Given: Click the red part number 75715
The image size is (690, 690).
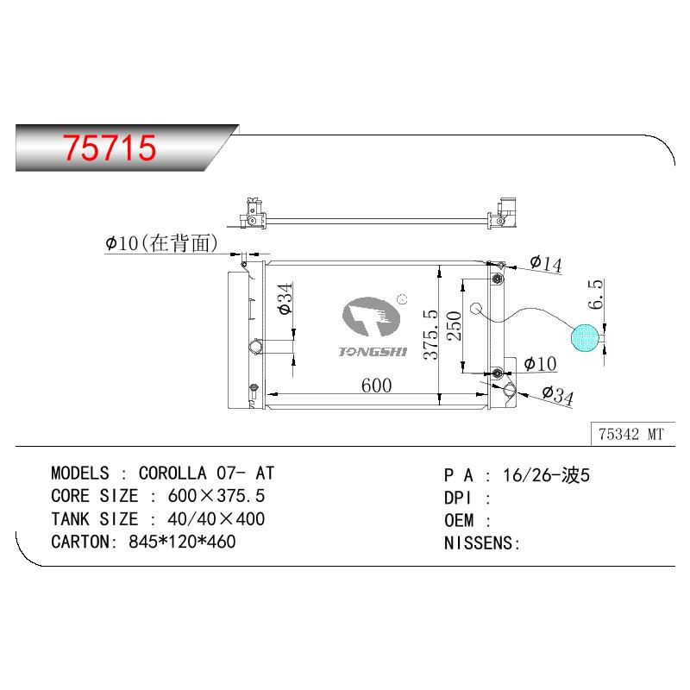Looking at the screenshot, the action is [110, 147].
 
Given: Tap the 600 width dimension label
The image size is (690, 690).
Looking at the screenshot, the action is [376, 386].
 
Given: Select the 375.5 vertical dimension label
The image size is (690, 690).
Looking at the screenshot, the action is [430, 335].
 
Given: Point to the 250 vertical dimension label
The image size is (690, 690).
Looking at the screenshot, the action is [454, 326].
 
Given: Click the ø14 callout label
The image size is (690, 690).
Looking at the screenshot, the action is [546, 263].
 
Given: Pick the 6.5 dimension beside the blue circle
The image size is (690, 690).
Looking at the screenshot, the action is [595, 293].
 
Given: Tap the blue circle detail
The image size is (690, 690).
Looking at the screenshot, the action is [585, 338].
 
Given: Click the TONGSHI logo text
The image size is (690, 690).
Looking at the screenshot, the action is [373, 352].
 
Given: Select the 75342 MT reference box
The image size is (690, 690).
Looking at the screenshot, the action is [631, 435].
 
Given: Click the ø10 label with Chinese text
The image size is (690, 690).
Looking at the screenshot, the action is [161, 243].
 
